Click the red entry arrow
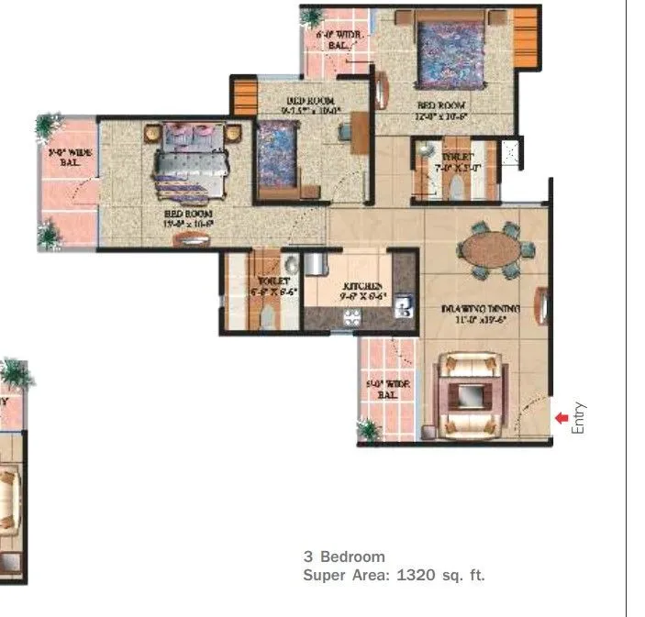(x=562, y=418)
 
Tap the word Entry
(x=578, y=418)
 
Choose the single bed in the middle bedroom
(x=276, y=157)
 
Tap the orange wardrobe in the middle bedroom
(x=244, y=97)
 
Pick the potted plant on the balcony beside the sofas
(x=369, y=430)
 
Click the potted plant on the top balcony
(x=313, y=17)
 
